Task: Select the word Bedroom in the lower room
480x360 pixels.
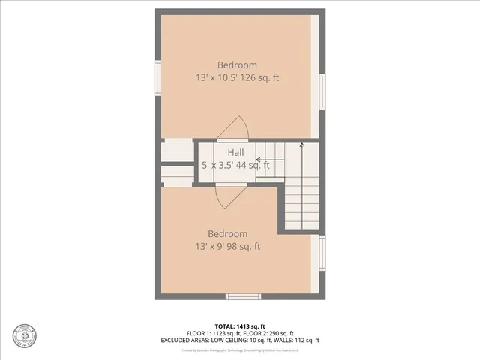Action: (x=228, y=234)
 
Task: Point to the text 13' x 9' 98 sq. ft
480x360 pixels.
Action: (x=228, y=246)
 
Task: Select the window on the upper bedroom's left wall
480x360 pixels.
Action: (x=157, y=75)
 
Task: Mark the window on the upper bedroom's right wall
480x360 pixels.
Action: (x=322, y=90)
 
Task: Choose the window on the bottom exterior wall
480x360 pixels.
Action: (x=243, y=296)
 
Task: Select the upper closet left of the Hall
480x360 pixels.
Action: (x=178, y=151)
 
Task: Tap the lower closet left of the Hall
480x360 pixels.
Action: (x=178, y=175)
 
